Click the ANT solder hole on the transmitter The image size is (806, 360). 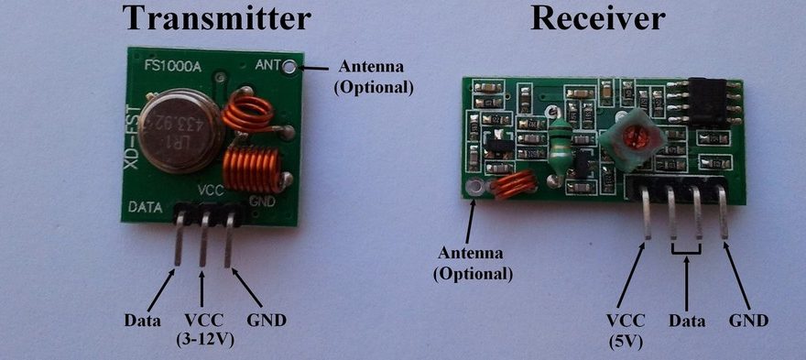click(x=291, y=66)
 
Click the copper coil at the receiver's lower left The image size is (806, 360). click(x=513, y=186)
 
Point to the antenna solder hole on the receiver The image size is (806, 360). click(x=474, y=189)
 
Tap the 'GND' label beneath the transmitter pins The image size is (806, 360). click(x=267, y=321)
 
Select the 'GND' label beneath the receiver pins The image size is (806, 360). click(x=748, y=321)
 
